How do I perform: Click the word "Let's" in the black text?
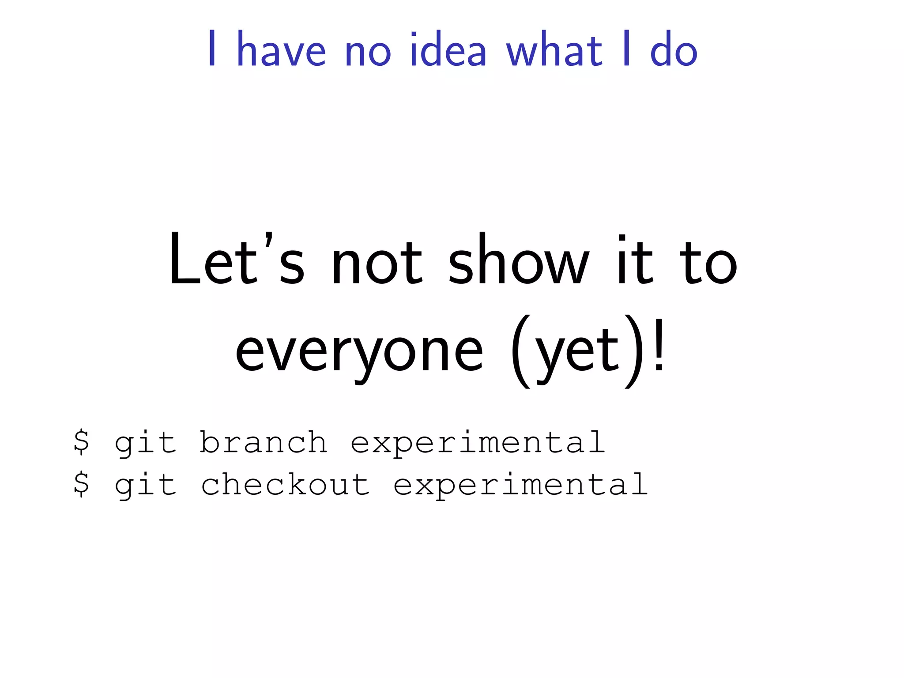[237, 260]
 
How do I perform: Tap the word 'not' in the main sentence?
[377, 263]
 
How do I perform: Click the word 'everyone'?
[359, 353]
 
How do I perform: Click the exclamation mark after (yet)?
[658, 349]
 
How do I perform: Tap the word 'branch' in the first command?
[263, 442]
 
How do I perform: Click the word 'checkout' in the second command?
[285, 484]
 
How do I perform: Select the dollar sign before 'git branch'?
[81, 442]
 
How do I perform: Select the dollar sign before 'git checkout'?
[81, 484]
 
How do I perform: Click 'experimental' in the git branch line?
[478, 443]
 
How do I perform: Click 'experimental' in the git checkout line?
[520, 485]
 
